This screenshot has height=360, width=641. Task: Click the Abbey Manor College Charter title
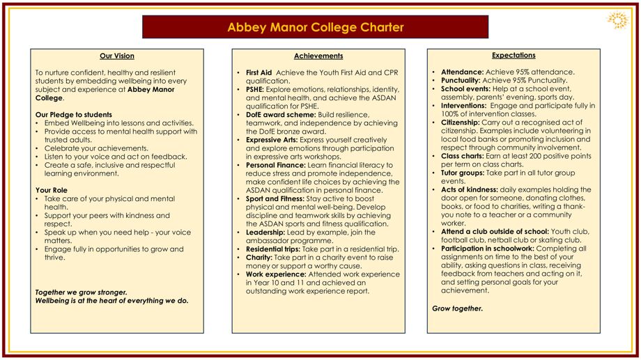coord(315,28)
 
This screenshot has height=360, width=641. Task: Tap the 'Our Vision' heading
coord(117,56)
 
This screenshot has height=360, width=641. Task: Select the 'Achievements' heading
coord(318,56)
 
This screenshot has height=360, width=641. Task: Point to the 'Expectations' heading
coord(513,55)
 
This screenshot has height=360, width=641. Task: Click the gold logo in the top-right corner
coord(617,19)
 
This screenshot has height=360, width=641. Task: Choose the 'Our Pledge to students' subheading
coord(73,114)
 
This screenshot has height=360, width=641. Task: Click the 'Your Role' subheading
coord(51,190)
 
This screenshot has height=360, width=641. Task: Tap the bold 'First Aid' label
coord(258,72)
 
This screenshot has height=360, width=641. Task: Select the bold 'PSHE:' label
coord(256,89)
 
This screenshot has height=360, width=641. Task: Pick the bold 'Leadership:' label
coord(265,232)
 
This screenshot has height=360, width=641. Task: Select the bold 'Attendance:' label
coord(461,72)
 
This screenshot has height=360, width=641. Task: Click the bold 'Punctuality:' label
coord(461,80)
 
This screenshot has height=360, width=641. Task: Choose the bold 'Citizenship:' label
coord(460,122)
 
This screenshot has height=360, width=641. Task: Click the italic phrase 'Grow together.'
coord(457,308)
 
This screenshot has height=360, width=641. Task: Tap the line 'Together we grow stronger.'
coord(82,292)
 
